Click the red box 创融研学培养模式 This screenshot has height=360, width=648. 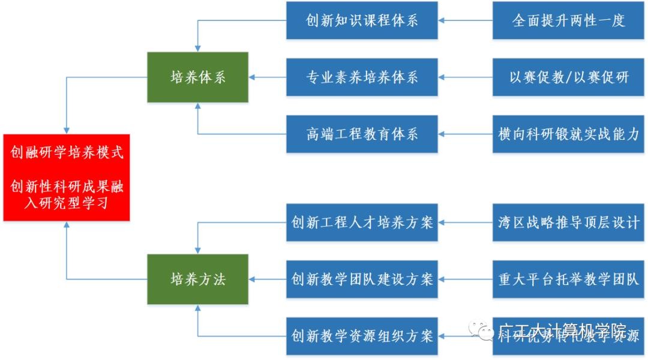66,178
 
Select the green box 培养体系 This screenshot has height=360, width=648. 198,77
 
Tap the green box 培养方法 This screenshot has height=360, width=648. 198,279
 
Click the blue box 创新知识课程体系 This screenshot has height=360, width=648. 362,20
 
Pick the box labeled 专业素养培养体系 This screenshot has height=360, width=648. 362,77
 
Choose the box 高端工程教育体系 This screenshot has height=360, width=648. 362,134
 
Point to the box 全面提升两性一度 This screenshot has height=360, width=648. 568,20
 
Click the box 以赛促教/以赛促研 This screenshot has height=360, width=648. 568,77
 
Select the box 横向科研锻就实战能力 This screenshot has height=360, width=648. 568,134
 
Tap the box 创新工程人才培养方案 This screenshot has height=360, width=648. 362,223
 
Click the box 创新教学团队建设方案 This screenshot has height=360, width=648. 362,279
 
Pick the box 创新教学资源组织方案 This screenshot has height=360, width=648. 362,335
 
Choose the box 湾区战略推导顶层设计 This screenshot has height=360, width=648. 568,223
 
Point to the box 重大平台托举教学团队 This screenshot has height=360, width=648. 568,279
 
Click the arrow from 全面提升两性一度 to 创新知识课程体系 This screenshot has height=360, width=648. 466,20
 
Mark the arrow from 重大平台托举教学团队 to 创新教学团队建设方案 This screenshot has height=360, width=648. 466,279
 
